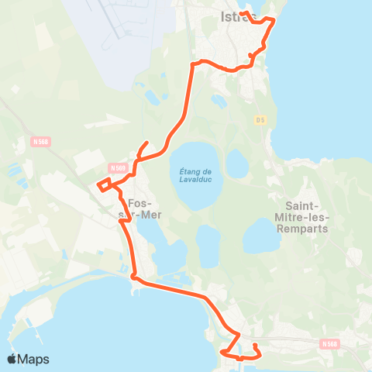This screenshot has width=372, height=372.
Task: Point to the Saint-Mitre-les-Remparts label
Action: tap(307, 218)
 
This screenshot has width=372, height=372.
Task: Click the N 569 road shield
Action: tap(117, 167)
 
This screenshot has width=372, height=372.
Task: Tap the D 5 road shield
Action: tap(260, 119)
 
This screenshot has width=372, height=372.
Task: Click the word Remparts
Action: tap(307, 229)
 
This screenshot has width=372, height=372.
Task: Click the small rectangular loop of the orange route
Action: tap(104, 184)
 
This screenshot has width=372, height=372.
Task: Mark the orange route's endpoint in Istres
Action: tap(241, 13)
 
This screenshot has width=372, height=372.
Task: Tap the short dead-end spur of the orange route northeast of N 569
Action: tap(146, 143)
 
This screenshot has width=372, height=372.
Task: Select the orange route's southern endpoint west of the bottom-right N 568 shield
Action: tap(255, 344)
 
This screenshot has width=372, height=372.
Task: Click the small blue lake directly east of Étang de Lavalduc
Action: tap(236, 163)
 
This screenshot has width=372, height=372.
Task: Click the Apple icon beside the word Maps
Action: tap(12, 359)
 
